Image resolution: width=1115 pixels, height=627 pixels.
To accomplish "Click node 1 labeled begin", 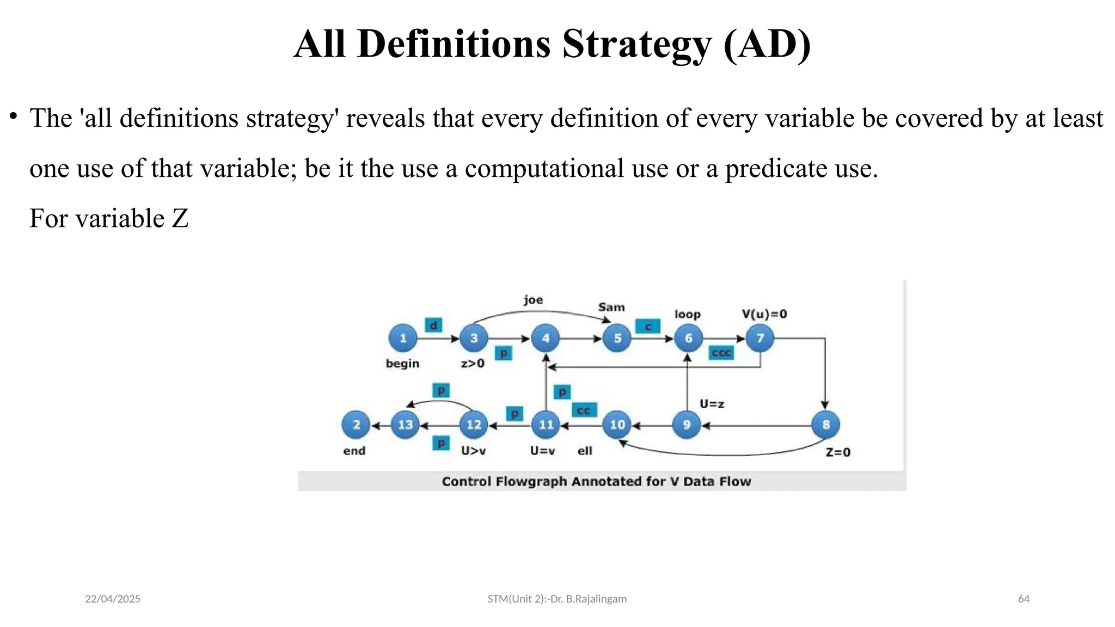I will coord(403,338).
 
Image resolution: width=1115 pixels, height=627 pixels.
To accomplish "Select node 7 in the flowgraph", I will coord(760,338).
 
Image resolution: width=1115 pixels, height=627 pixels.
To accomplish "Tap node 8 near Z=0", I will coord(825,425).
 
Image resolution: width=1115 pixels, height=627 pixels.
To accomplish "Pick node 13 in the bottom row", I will coord(405,425).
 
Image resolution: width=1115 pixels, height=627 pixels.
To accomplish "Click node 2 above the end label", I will coord(356,425).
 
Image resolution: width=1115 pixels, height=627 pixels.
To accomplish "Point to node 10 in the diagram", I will coord(617,425).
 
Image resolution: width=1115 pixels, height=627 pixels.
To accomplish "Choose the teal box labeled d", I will coord(433,325).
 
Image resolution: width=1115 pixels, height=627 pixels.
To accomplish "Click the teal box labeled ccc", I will coord(721,353).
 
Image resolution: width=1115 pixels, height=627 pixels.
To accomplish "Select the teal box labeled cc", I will coord(584,410).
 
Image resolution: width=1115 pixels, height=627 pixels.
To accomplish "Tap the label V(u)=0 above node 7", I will coord(764,314).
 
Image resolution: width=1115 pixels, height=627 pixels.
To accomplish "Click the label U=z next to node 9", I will coord(712,404).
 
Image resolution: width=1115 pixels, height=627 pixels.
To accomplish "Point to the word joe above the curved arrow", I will coord(533,300).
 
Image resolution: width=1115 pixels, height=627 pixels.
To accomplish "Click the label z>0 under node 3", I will coord(472,363).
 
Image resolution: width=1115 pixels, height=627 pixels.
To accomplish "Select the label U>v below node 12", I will coord(473,451).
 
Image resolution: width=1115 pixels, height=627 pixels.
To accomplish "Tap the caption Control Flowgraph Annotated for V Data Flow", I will coord(596,481).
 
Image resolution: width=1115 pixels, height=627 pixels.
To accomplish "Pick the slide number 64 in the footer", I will coord(1024,599).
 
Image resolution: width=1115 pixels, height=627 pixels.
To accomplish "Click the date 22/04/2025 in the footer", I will coord(113,599).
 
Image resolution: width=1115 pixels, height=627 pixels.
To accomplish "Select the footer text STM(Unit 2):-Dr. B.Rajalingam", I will coord(557,599).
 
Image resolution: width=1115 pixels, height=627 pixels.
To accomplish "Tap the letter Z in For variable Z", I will coord(180,219).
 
